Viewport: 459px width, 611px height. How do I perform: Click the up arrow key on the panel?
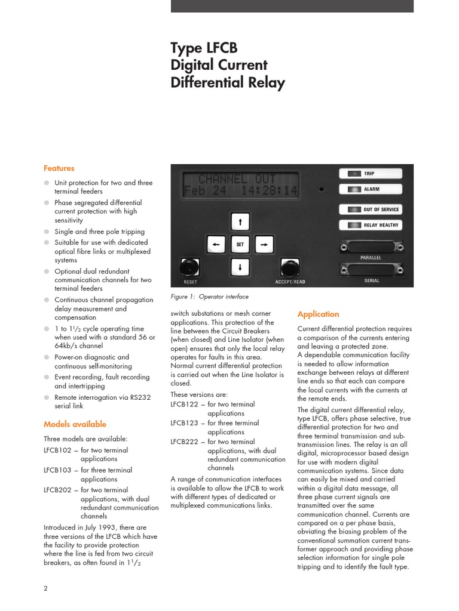point(240,223)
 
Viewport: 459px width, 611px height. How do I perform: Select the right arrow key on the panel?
point(264,244)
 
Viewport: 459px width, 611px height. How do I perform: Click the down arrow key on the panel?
point(240,267)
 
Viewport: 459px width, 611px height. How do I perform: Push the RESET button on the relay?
point(190,267)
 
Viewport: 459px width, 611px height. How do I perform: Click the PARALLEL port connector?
point(371,246)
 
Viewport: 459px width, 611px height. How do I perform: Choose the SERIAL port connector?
point(371,269)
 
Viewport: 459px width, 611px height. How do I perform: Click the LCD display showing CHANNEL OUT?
point(240,184)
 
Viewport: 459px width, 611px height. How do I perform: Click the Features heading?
point(59,168)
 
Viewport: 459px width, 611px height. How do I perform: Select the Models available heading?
point(75,424)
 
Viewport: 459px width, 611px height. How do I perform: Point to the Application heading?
point(318,314)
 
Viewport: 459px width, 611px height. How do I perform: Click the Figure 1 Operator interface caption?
point(209,297)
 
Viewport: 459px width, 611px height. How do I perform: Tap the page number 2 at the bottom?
point(46,588)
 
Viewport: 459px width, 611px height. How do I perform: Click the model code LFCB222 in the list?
point(184,442)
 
